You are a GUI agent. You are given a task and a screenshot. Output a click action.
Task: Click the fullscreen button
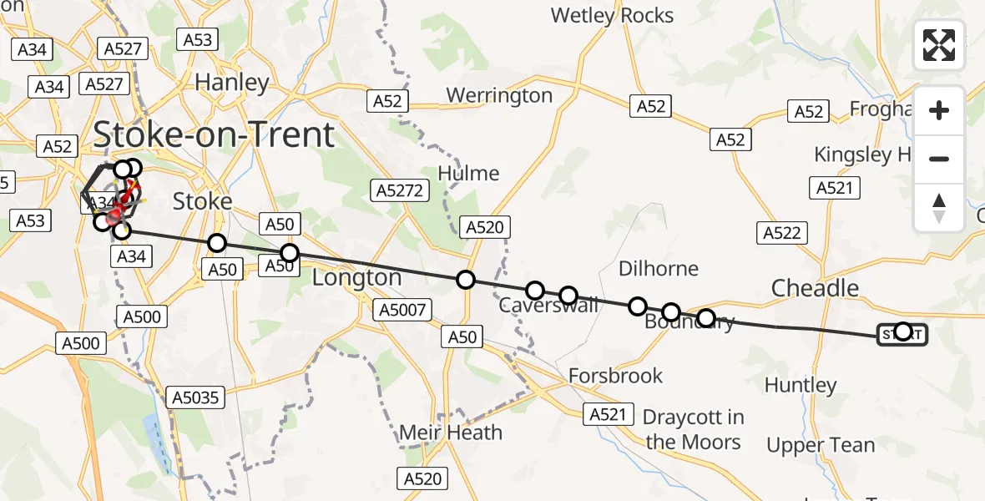pyautogui.click(x=939, y=45)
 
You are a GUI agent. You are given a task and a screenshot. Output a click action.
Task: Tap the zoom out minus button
pyautogui.click(x=939, y=159)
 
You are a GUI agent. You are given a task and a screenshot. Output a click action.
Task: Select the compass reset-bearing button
pyautogui.click(x=939, y=207)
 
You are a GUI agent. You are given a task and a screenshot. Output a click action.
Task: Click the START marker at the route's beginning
pyautogui.click(x=902, y=334)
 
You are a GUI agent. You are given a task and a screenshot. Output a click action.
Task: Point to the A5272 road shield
pyautogui.click(x=402, y=190)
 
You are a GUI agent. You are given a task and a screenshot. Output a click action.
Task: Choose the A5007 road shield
pyautogui.click(x=402, y=311)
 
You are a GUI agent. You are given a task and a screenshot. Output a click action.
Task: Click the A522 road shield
pyautogui.click(x=781, y=233)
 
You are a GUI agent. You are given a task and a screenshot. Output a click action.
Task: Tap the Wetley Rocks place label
pyautogui.click(x=612, y=15)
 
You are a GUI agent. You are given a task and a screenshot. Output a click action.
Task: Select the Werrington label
pyautogui.click(x=499, y=95)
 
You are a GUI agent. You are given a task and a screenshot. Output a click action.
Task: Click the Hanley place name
pyautogui.click(x=231, y=83)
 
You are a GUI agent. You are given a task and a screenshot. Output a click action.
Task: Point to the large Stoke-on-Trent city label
pyautogui.click(x=214, y=134)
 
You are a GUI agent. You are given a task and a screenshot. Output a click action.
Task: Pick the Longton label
pyautogui.click(x=356, y=277)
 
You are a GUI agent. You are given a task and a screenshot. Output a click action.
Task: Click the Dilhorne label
pyautogui.click(x=659, y=269)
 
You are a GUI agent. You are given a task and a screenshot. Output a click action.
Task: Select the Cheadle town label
pyautogui.click(x=815, y=288)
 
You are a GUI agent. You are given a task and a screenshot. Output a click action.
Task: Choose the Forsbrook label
pyautogui.click(x=615, y=376)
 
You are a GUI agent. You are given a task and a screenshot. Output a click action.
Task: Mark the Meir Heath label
pyautogui.click(x=451, y=433)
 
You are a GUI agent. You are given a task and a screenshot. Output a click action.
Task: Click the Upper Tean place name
pyautogui.click(x=821, y=445)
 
